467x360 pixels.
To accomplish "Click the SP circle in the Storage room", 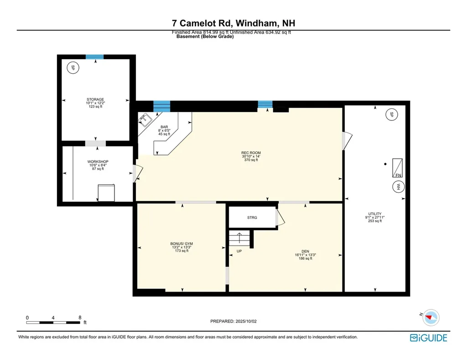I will pyautogui.click(x=72, y=68).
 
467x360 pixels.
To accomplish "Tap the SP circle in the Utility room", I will pyautogui.click(x=390, y=115).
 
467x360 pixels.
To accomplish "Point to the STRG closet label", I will pyautogui.click(x=252, y=218).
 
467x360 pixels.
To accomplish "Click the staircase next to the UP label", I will pyautogui.click(x=240, y=238).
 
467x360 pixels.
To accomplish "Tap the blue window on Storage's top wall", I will pyautogui.click(x=95, y=57).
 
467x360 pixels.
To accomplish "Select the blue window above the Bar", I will pyautogui.click(x=161, y=106).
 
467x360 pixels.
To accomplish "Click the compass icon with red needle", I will pyautogui.click(x=431, y=317).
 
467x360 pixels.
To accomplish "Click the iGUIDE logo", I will pyautogui.click(x=428, y=338).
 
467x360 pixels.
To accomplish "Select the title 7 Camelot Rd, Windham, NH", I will pyautogui.click(x=233, y=23).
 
